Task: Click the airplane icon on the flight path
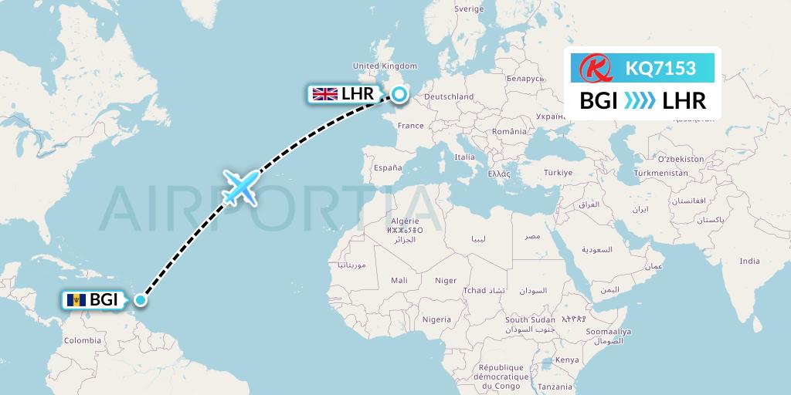[239, 187]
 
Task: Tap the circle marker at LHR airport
[399, 94]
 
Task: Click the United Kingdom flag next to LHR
[324, 94]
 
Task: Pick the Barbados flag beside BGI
[76, 300]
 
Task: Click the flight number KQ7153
[660, 68]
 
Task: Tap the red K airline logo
[596, 69]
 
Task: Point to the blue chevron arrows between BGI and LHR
[640, 100]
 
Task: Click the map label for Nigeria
[436, 319]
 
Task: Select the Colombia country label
[82, 340]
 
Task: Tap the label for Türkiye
[556, 172]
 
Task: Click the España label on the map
[388, 167]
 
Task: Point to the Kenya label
[566, 360]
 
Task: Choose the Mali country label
[400, 280]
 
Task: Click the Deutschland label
[450, 96]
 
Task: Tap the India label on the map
[749, 261]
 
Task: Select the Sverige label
[469, 8]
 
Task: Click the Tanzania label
[556, 386]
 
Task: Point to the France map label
[411, 125]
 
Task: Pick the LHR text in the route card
[684, 100]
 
